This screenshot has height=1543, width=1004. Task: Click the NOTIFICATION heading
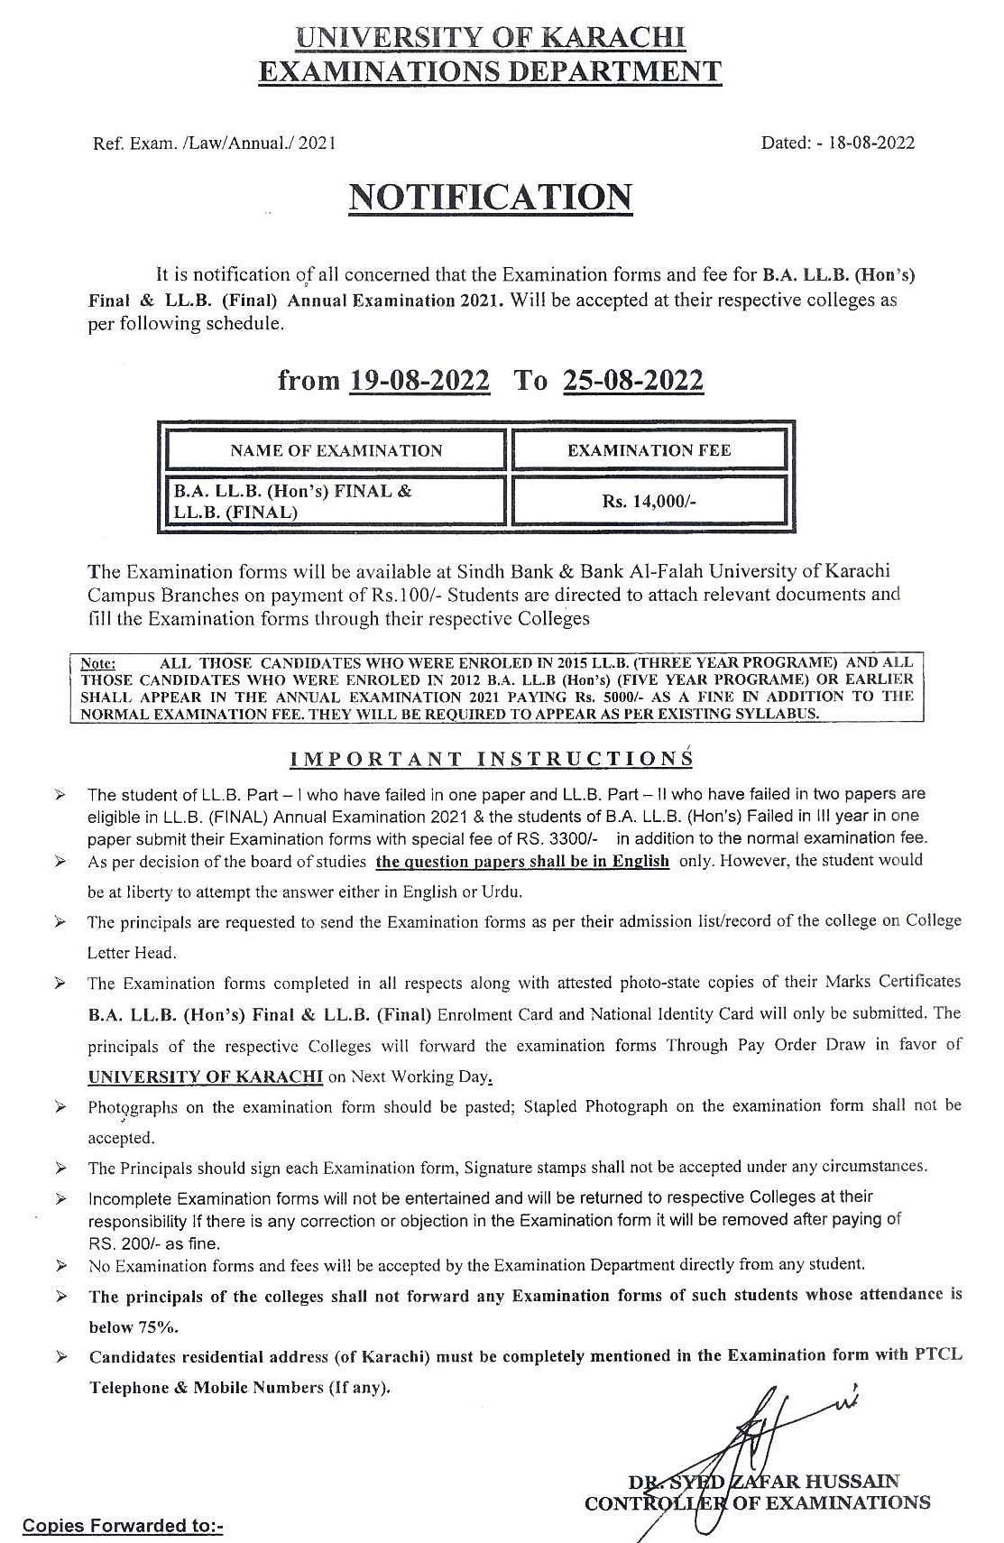click(x=490, y=198)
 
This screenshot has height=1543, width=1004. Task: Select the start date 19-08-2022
click(x=419, y=381)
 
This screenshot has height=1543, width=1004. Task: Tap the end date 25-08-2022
click(x=632, y=381)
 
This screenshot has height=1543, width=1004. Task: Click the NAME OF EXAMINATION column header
click(x=336, y=450)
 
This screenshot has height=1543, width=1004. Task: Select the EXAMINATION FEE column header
click(x=649, y=450)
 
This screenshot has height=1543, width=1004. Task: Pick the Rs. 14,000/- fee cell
click(x=649, y=502)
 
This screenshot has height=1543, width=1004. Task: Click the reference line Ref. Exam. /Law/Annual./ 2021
click(x=215, y=143)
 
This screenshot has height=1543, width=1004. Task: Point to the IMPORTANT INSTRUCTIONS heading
click(x=491, y=759)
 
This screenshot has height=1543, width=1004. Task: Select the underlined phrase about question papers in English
click(x=522, y=861)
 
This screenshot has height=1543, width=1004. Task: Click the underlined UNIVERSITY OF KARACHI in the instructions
click(x=206, y=1076)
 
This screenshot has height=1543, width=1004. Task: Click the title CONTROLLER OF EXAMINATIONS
click(x=757, y=1502)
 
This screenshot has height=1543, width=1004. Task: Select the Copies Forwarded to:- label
click(x=122, y=1526)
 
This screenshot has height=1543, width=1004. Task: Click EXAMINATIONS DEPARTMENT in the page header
click(x=490, y=71)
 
